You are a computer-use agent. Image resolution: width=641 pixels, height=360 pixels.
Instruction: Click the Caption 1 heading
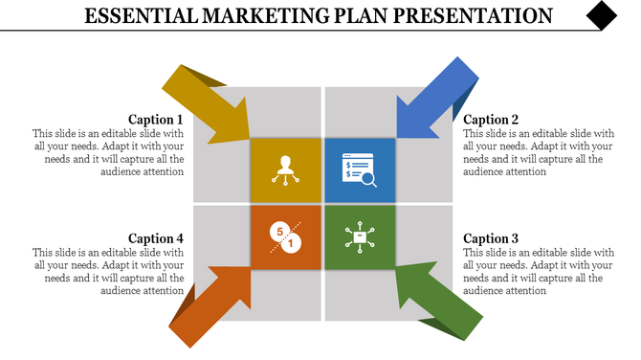pyautogui.click(x=156, y=120)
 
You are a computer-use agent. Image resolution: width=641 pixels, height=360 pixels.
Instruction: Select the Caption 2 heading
pyautogui.click(x=491, y=120)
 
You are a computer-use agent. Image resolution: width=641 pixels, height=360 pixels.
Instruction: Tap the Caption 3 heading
pyautogui.click(x=491, y=238)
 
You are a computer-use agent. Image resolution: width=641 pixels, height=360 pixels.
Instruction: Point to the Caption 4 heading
pyautogui.click(x=156, y=238)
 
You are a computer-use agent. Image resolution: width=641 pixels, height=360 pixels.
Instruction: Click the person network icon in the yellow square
pyautogui.click(x=284, y=169)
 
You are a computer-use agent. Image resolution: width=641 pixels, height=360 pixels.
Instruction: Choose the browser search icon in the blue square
pyautogui.click(x=359, y=169)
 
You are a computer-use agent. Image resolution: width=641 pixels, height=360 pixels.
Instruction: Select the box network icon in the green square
pyautogui.click(x=359, y=236)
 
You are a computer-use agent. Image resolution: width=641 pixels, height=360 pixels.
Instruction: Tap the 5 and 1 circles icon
pyautogui.click(x=285, y=237)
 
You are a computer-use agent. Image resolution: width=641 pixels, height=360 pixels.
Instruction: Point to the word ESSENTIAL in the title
pyautogui.click(x=140, y=16)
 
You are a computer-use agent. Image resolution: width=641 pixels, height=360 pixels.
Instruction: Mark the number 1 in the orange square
pyautogui.click(x=292, y=245)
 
